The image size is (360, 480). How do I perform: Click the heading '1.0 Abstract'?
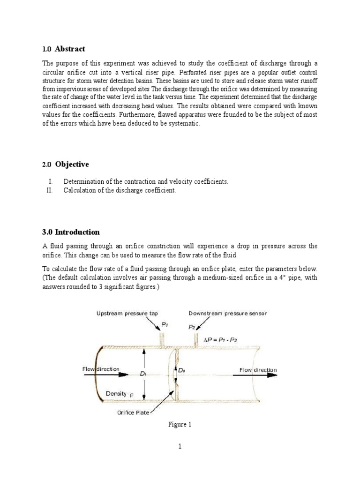click(64, 49)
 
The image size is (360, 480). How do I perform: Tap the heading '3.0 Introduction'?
click(71, 232)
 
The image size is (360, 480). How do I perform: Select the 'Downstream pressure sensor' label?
click(227, 313)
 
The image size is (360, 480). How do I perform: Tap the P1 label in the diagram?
click(164, 324)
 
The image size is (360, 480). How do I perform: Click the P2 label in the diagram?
click(191, 328)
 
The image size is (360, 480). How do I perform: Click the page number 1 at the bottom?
click(180, 447)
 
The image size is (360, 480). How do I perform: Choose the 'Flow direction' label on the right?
click(258, 370)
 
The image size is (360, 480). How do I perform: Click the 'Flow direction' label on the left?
click(101, 369)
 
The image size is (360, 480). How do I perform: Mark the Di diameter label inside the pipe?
click(143, 374)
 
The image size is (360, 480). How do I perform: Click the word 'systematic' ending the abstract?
click(185, 123)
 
